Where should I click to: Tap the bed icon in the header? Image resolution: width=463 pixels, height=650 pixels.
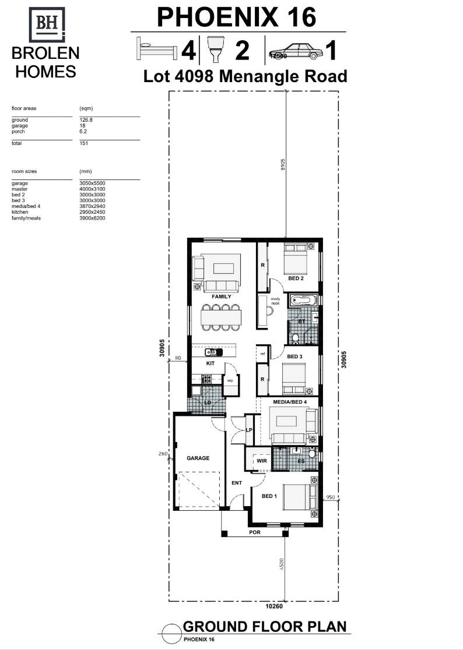156,48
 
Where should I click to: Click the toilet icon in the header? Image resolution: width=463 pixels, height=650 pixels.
216,49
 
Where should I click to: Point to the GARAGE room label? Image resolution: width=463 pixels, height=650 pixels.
198,458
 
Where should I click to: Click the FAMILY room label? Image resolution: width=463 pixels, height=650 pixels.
222,296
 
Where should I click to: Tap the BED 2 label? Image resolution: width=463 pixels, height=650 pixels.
296,278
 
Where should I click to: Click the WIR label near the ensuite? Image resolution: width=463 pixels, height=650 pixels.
262,461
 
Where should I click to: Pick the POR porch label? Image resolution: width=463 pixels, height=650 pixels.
255,532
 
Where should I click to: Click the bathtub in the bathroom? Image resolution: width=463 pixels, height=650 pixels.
302,301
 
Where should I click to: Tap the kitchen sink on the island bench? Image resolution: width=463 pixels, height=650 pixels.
213,352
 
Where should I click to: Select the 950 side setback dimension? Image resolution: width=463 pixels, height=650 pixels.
329,497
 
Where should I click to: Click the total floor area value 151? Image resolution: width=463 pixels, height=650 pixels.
84,143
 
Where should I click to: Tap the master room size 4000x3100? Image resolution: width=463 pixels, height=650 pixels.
92,189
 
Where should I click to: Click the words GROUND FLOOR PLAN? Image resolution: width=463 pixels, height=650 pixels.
265,627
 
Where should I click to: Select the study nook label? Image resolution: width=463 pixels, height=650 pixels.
275,301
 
